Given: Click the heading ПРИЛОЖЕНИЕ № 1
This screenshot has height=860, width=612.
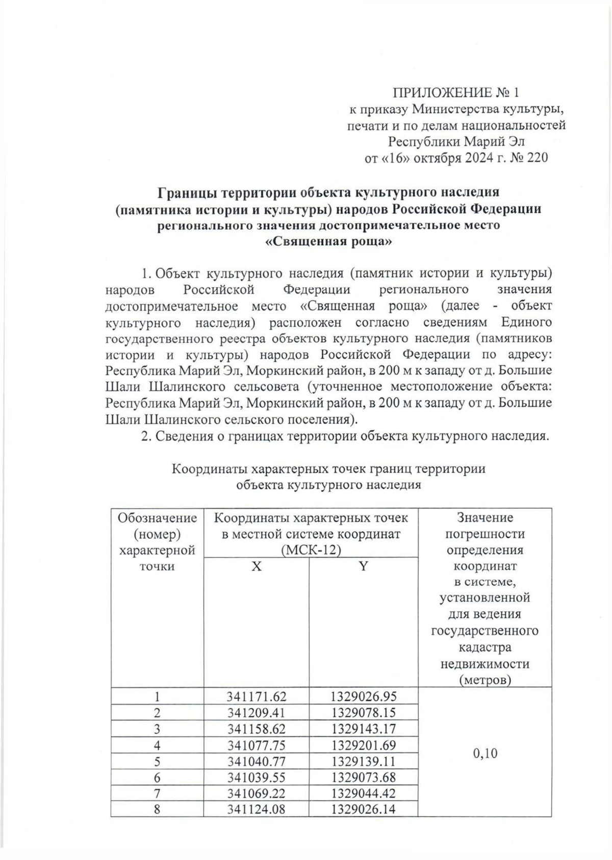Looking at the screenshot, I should click(x=455, y=92).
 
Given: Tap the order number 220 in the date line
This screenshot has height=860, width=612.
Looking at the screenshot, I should click(x=537, y=158).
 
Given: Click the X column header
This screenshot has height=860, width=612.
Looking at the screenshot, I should click(x=256, y=566).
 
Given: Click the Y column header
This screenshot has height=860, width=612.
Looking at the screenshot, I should click(x=363, y=566).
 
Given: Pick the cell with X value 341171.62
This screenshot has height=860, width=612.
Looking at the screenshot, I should click(x=256, y=696).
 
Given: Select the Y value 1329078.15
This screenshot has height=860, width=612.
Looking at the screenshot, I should click(x=363, y=712).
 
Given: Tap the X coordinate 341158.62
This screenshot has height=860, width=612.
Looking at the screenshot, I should click(x=256, y=728).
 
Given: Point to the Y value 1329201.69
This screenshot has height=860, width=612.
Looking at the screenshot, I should click(x=363, y=745).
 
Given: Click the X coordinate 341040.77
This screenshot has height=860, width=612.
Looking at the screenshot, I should click(x=256, y=761).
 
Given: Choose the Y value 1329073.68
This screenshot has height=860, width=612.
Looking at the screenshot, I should click(x=363, y=777).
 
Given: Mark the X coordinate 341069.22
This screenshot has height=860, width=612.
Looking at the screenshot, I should click(x=256, y=793).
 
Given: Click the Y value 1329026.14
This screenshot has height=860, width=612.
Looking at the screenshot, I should click(x=363, y=809).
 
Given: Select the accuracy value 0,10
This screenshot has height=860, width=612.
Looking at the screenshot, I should click(x=484, y=753).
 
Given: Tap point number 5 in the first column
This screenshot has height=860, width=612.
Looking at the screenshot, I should click(x=157, y=761).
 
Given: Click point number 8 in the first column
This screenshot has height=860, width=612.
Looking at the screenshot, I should click(x=157, y=809).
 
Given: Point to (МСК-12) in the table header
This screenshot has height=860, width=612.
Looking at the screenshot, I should click(x=311, y=550).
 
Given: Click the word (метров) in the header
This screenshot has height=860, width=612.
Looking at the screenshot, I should click(x=484, y=680).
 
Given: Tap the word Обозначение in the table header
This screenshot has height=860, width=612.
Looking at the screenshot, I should click(x=157, y=518).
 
